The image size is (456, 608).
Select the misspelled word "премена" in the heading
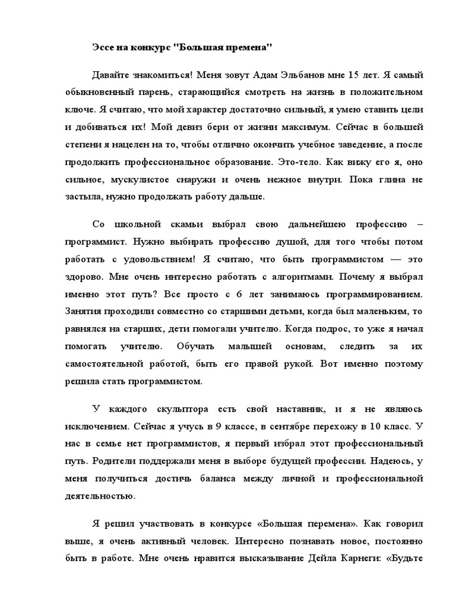pos(248,47)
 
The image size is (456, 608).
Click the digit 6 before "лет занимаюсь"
pos(238,293)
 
